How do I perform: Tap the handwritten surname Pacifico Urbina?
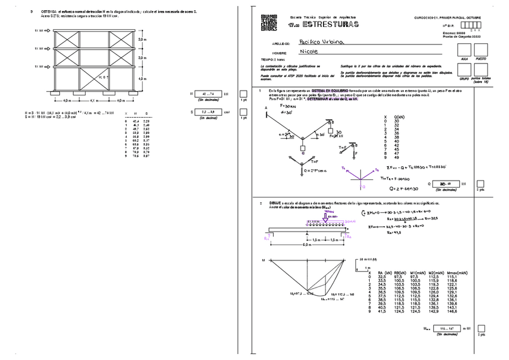[320, 43]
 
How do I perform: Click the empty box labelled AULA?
[463, 50]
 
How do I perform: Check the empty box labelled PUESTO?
[481, 50]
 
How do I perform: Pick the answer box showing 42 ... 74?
[208, 94]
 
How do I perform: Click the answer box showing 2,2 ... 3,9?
[208, 112]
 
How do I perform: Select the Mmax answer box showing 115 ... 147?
[444, 329]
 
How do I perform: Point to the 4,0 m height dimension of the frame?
[141, 79]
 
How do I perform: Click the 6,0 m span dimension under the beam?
[307, 245]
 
